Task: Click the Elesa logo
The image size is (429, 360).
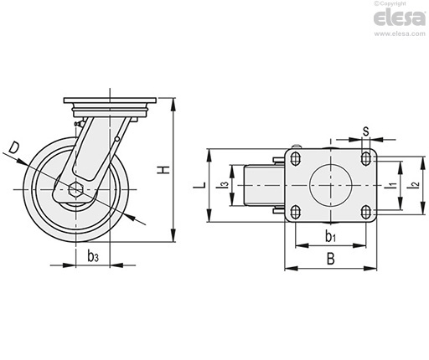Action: [399, 18]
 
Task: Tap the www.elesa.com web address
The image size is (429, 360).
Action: [400, 33]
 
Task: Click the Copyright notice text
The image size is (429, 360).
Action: [390, 3]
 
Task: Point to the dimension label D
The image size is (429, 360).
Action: [13, 147]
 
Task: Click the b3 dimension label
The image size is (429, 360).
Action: [93, 255]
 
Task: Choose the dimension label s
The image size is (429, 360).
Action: [365, 131]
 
